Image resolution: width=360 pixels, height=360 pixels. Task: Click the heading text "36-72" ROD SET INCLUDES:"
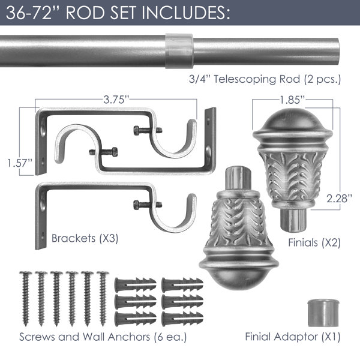coord(118,13)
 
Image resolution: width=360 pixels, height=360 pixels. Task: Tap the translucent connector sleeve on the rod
coord(179,51)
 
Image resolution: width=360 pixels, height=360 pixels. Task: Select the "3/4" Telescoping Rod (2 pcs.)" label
coord(265,79)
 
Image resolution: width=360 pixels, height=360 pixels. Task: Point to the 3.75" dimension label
coord(116,100)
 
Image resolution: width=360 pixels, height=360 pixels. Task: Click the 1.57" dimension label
coord(20,163)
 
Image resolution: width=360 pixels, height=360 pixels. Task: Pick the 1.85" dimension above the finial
coord(292,100)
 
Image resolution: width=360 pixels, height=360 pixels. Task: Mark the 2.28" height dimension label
coord(339,199)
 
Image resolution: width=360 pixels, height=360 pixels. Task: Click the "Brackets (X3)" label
coord(85,238)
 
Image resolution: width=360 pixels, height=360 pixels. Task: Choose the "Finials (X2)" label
coord(314,242)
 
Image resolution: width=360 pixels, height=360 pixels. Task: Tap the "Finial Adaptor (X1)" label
coord(293,337)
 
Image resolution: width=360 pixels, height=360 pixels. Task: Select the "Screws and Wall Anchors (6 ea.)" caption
coord(103,337)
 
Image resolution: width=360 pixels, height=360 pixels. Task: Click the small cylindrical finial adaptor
coord(322,313)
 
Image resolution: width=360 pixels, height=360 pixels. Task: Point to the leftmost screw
coord(26,298)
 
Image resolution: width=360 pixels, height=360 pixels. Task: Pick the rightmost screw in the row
coord(103,298)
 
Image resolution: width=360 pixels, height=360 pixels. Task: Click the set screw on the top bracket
coord(148,130)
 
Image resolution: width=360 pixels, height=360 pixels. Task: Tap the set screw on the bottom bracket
coord(148,205)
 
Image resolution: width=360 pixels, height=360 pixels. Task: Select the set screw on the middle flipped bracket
coord(104,152)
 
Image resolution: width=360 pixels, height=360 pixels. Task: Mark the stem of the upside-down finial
coord(238,178)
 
